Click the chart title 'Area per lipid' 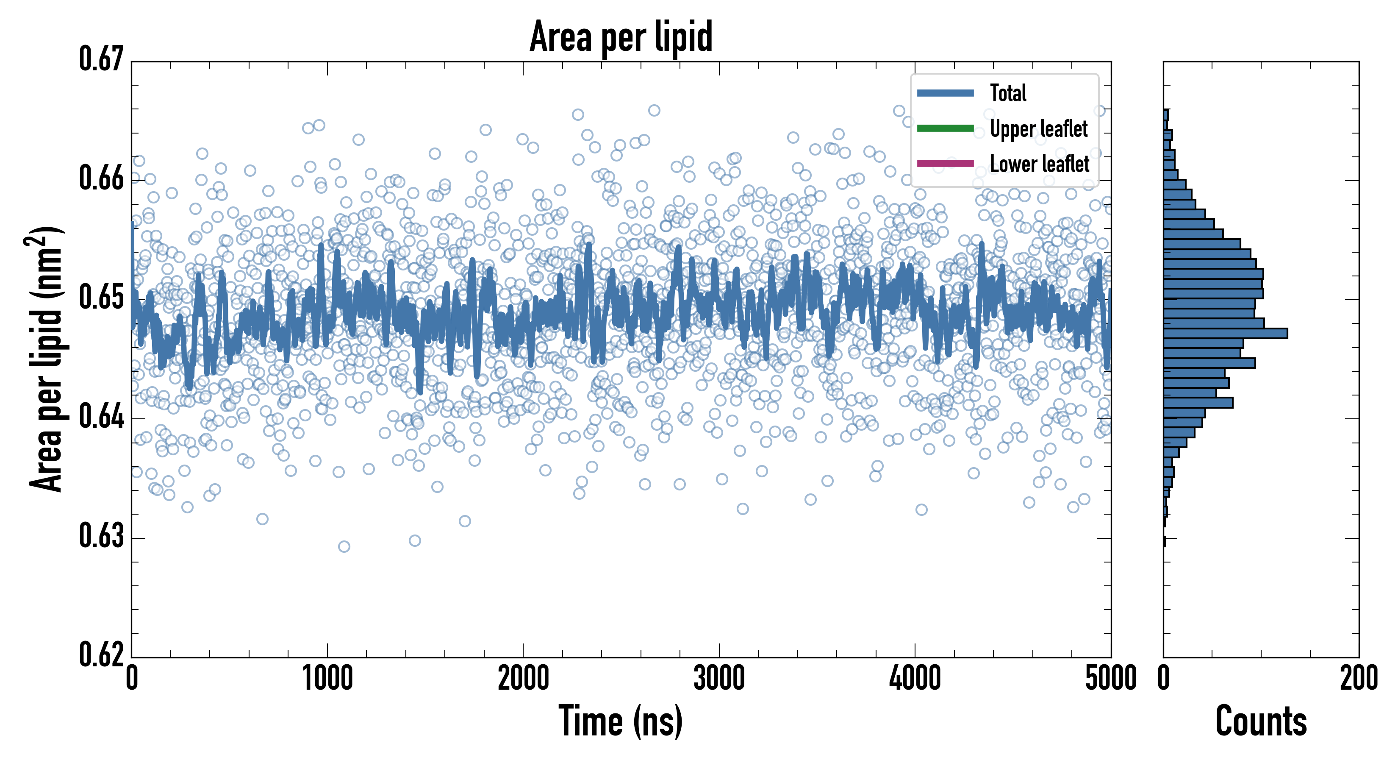tap(621, 36)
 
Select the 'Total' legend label tap(1008, 93)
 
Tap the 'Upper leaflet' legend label tap(1038, 129)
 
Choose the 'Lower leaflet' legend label tap(1039, 164)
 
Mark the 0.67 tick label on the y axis tap(102, 60)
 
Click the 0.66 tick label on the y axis tap(102, 178)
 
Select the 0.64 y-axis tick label tap(102, 417)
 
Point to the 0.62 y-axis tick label tap(102, 655)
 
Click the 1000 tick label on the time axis tap(327, 679)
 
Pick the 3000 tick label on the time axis tap(719, 679)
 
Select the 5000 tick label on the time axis tap(1110, 679)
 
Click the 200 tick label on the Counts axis tap(1358, 679)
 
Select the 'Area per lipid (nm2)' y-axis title tap(46, 359)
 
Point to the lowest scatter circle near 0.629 tap(344, 546)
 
